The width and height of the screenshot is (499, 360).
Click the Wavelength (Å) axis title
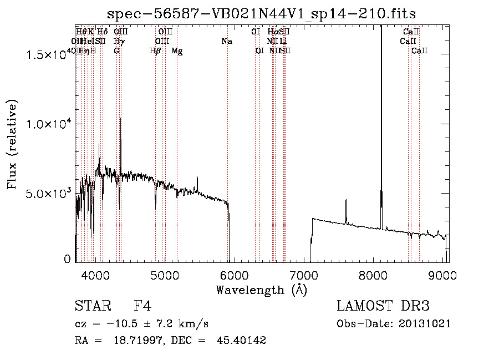pyautogui.click(x=261, y=290)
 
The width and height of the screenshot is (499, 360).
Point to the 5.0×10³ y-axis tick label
pyautogui.click(x=47, y=193)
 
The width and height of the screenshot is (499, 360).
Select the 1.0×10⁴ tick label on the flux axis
pyautogui.click(x=47, y=124)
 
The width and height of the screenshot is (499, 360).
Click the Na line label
pyautogui.click(x=226, y=41)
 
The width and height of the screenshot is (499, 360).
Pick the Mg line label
pyautogui.click(x=177, y=51)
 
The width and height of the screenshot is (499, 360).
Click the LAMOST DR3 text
pyautogui.click(x=383, y=306)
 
